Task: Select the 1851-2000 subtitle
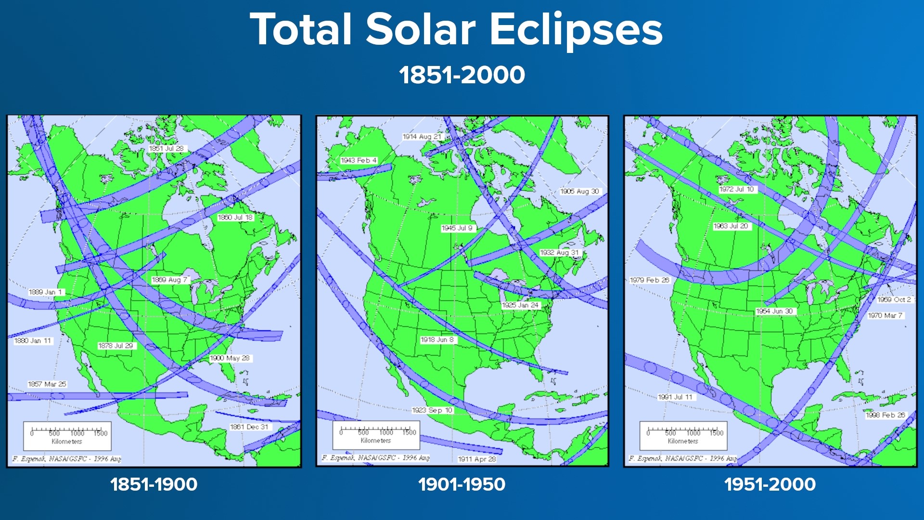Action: coord(462,75)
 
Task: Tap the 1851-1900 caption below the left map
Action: coord(154,484)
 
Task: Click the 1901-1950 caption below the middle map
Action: coord(462,484)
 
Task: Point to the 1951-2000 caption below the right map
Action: coord(770,484)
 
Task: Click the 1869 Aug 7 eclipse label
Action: coord(169,280)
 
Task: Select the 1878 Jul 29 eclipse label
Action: coord(115,346)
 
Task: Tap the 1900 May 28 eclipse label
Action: coord(230,358)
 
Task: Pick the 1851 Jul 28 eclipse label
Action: coord(167,149)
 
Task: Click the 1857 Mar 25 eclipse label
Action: coord(47,384)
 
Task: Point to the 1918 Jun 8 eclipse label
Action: coord(437,340)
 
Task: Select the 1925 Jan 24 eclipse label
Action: coord(520,305)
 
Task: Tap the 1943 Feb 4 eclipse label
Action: coord(359,160)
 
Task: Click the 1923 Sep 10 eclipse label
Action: coord(432,410)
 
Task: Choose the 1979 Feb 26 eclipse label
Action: coord(649,280)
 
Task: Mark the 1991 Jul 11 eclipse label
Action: coord(675,397)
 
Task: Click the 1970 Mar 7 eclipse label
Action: coord(885,316)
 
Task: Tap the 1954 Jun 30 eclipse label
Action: coord(774,312)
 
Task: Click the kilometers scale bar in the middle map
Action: coord(376,435)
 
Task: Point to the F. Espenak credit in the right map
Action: coord(682,458)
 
